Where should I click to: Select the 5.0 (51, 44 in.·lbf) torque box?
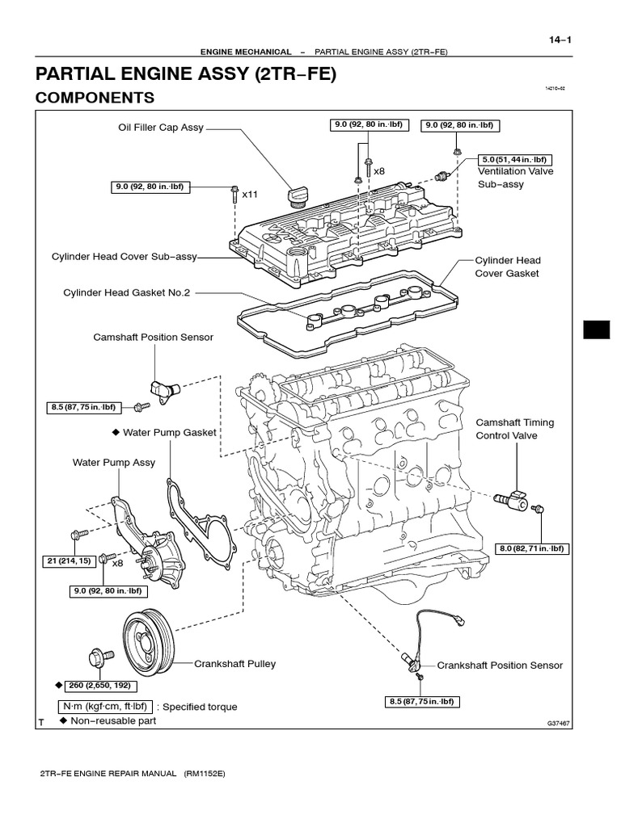click(515, 159)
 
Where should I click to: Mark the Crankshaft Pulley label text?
click(234, 664)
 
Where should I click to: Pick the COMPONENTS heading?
click(95, 98)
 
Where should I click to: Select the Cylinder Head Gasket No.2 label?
click(126, 293)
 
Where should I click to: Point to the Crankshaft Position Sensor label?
click(500, 665)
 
